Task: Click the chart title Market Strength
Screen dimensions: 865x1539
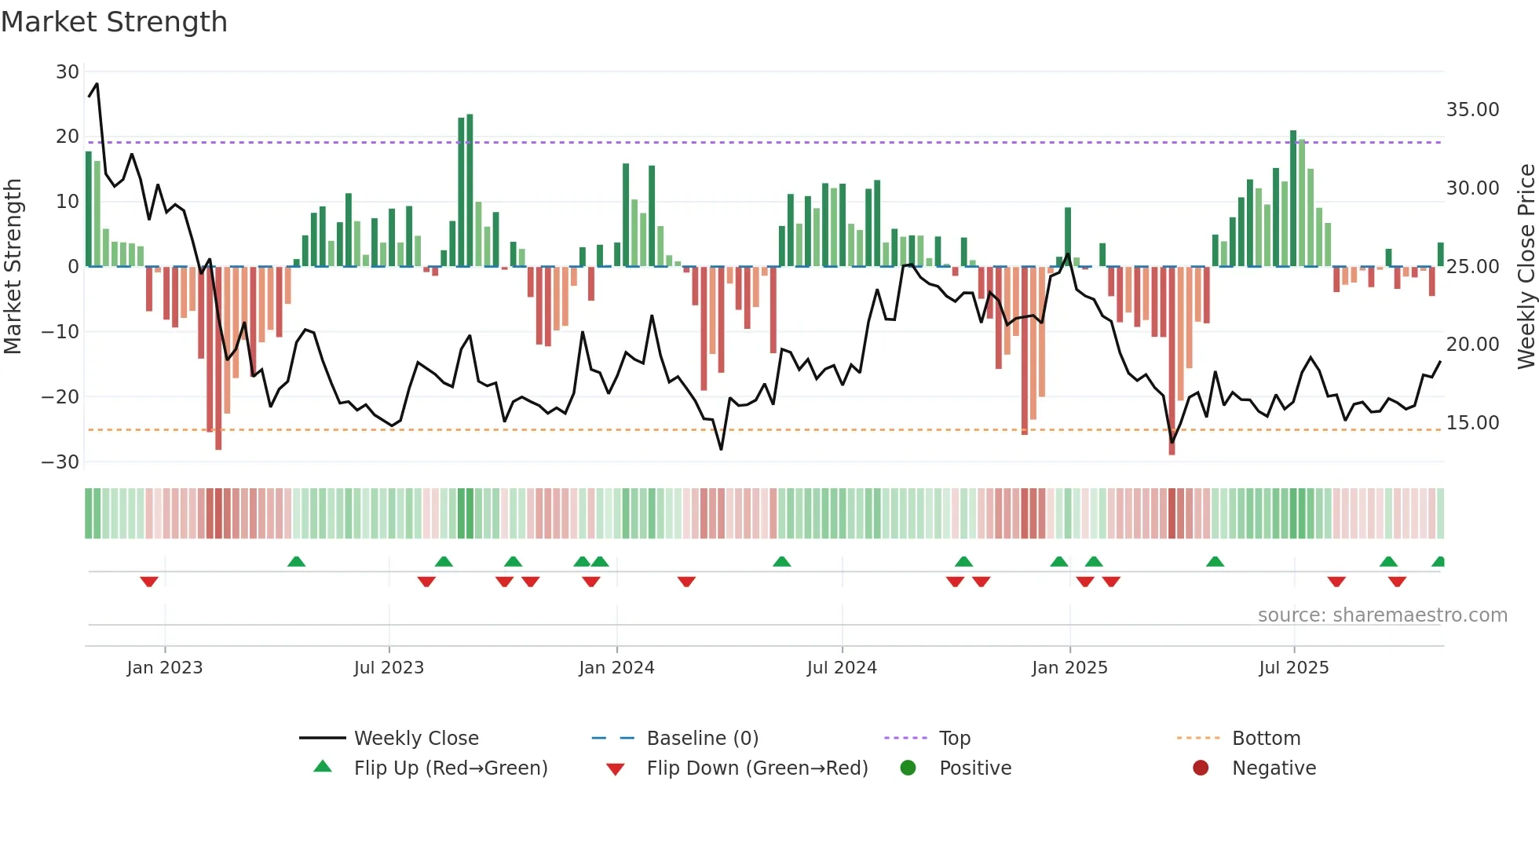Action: point(114,22)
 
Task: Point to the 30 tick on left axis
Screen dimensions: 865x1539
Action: point(68,72)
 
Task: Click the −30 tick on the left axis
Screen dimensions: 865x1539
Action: point(60,462)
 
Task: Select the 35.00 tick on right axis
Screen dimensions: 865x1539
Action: point(1472,110)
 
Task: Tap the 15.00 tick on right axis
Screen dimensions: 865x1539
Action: point(1472,423)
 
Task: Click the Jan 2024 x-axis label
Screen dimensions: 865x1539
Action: point(616,668)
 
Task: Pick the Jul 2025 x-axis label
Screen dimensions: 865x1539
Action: point(1293,668)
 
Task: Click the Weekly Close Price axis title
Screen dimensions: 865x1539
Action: point(1526,266)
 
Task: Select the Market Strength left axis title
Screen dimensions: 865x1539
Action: point(13,266)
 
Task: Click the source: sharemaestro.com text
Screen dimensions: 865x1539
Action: point(1382,615)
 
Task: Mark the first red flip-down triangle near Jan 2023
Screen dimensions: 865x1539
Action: point(149,582)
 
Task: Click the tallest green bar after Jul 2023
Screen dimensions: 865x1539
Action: point(470,190)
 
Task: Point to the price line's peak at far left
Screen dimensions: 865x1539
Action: point(97,84)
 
